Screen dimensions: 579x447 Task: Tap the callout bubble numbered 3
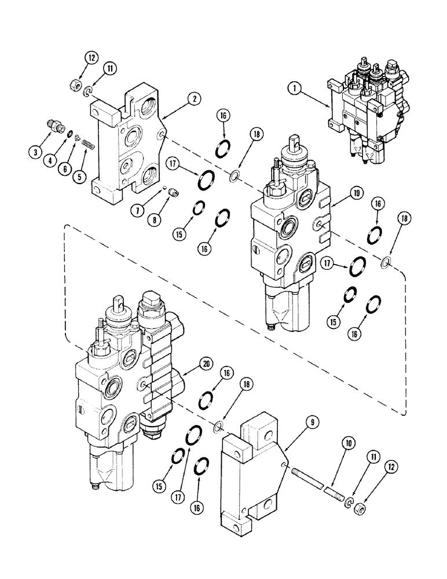[x=36, y=153]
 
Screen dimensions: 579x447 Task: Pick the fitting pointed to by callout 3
[x=55, y=125]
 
